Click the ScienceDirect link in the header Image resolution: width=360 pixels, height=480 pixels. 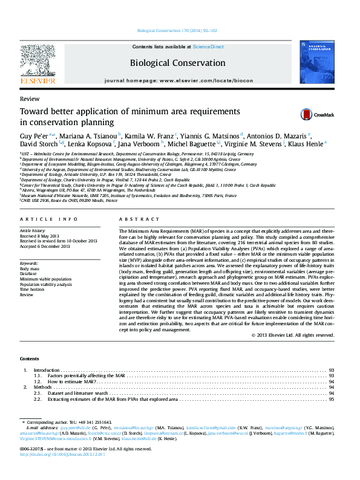(208, 47)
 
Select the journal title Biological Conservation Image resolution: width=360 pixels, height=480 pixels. (177, 63)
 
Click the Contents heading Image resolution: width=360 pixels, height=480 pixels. (30, 358)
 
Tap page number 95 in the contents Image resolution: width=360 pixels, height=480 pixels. (332, 400)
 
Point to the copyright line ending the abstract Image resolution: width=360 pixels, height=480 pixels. (292, 335)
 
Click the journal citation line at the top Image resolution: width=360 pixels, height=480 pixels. (177, 30)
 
